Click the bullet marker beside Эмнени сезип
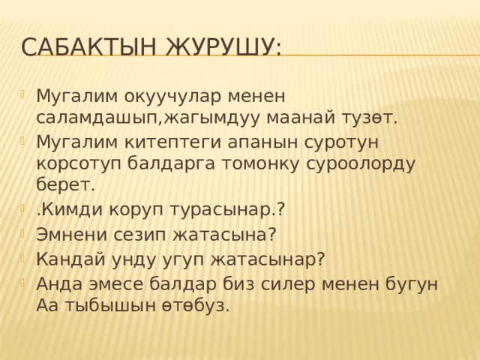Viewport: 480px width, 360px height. (27, 234)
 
